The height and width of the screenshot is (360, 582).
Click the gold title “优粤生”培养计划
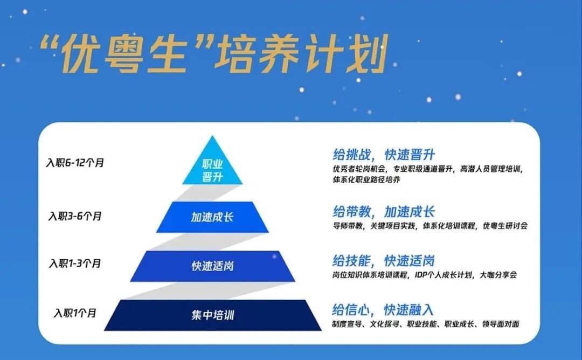point(214,54)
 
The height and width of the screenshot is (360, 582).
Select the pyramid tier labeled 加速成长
point(212,217)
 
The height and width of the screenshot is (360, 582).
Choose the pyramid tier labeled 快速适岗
point(212,266)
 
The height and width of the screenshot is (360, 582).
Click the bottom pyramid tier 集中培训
point(213,315)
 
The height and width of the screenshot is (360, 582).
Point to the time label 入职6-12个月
point(75,163)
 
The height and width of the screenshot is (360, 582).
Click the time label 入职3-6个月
point(75,216)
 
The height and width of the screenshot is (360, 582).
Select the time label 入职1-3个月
point(75,264)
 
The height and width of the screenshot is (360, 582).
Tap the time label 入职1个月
point(75,313)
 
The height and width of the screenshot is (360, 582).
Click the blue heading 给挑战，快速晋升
point(384,154)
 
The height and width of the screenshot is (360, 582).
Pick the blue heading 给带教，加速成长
point(384,212)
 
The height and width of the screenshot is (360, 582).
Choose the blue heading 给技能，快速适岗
point(384,261)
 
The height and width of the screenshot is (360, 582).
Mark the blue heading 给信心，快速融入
point(383,309)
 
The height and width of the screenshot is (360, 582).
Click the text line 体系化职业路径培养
point(366,179)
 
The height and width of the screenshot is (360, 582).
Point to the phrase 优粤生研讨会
point(505,226)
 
